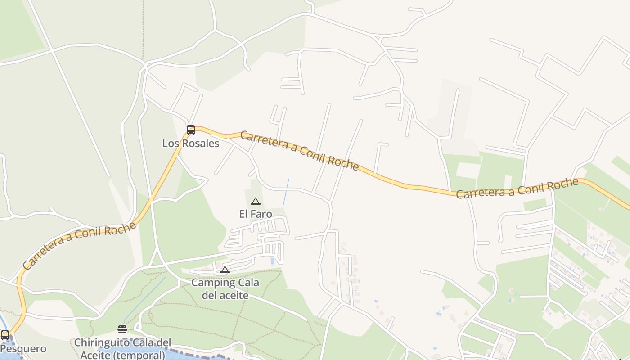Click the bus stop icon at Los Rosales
(x=191, y=130)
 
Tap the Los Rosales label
(x=191, y=144)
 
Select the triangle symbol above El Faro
(x=256, y=201)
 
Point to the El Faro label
(x=256, y=214)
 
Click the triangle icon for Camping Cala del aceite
(x=225, y=270)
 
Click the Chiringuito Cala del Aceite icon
(x=122, y=329)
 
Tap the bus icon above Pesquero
(x=5, y=335)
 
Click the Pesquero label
(x=23, y=349)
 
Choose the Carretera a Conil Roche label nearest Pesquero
(x=79, y=245)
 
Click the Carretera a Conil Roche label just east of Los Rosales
(x=299, y=151)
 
